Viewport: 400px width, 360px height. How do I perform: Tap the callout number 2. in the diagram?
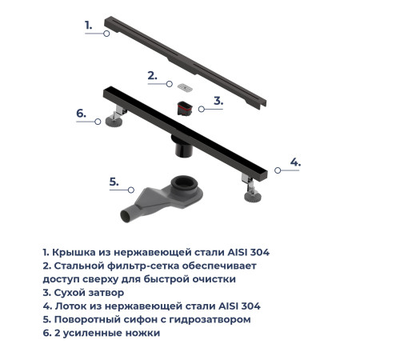[x=152, y=76]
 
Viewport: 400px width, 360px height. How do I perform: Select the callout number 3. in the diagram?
[x=217, y=102]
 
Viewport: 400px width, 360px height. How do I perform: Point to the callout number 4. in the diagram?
[x=294, y=162]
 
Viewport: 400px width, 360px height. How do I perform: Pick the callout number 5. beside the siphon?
[x=114, y=182]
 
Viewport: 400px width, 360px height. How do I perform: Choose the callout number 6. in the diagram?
[x=81, y=114]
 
